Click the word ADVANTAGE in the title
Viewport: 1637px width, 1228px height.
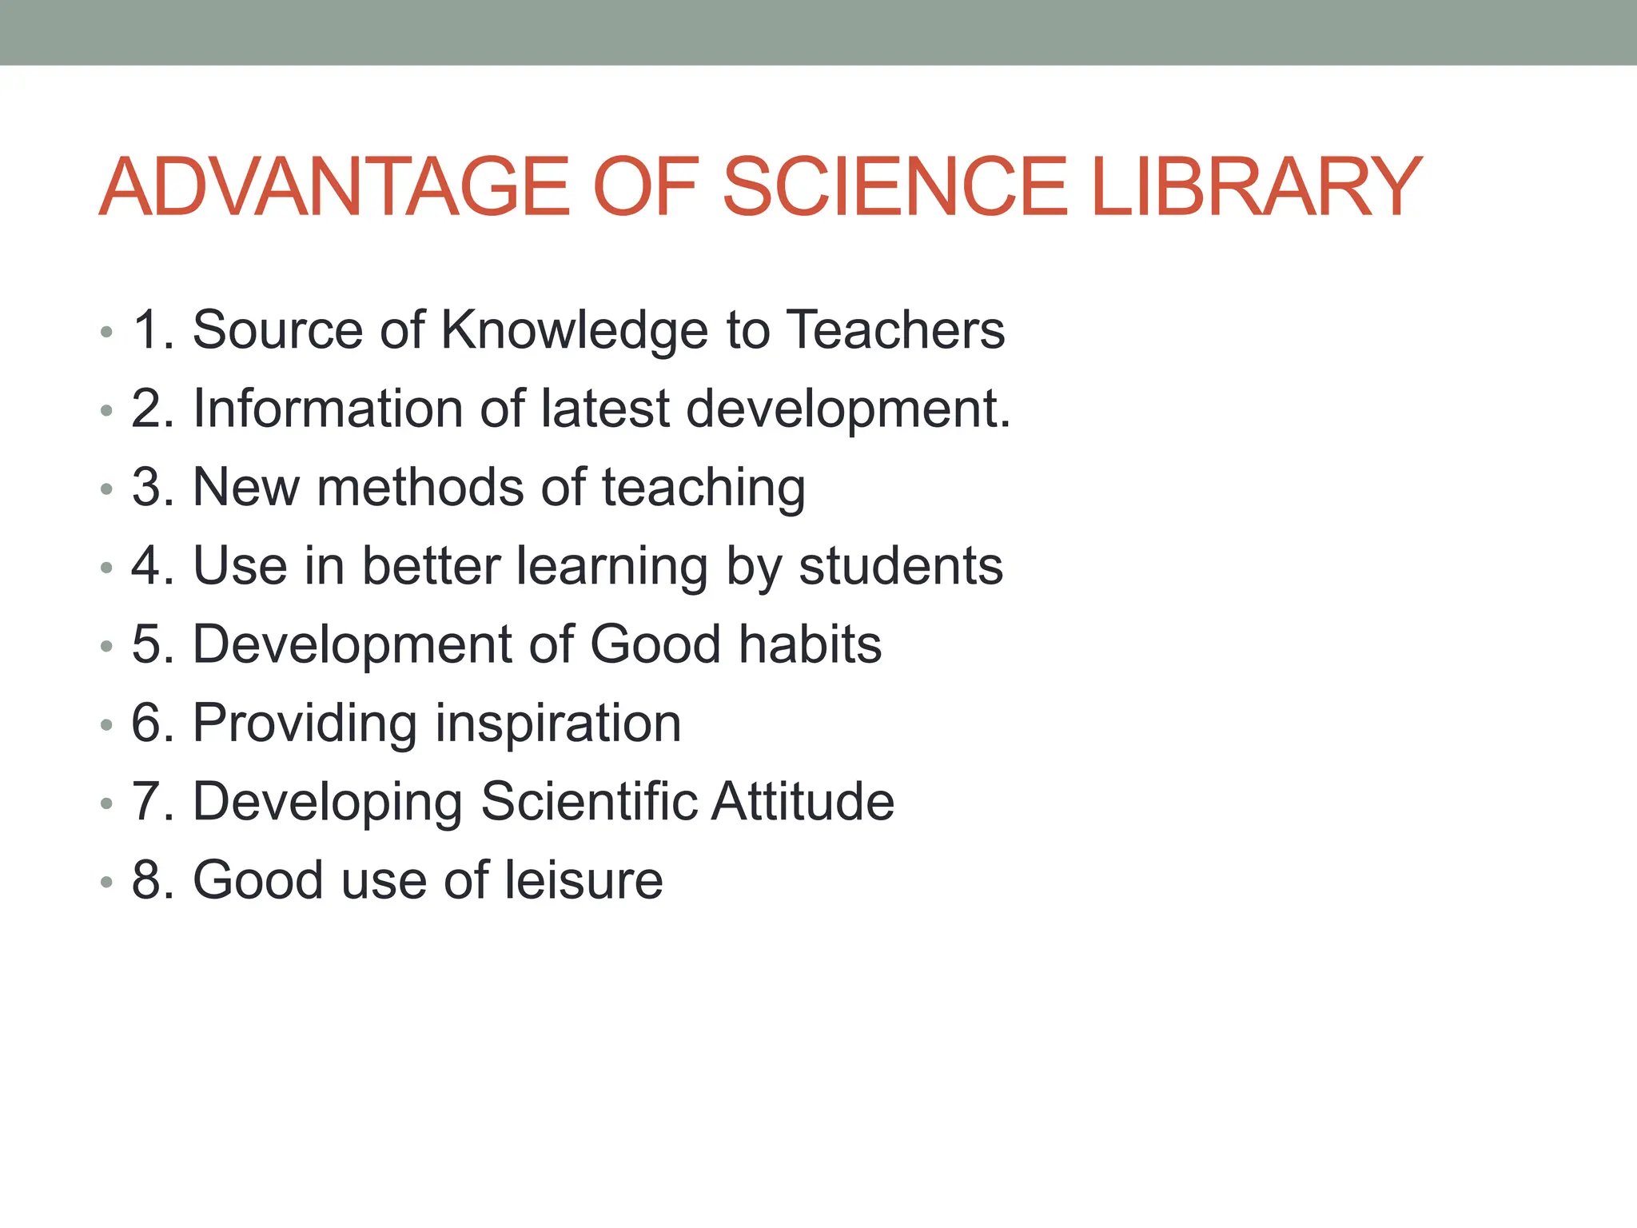335,187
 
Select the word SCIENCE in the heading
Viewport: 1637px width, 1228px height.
895,187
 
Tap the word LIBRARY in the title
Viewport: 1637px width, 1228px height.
1256,187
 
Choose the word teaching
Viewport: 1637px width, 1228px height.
703,488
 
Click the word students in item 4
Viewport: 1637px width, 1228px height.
901,566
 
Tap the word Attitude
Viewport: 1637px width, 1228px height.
803,801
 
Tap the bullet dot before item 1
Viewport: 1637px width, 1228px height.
106,333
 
